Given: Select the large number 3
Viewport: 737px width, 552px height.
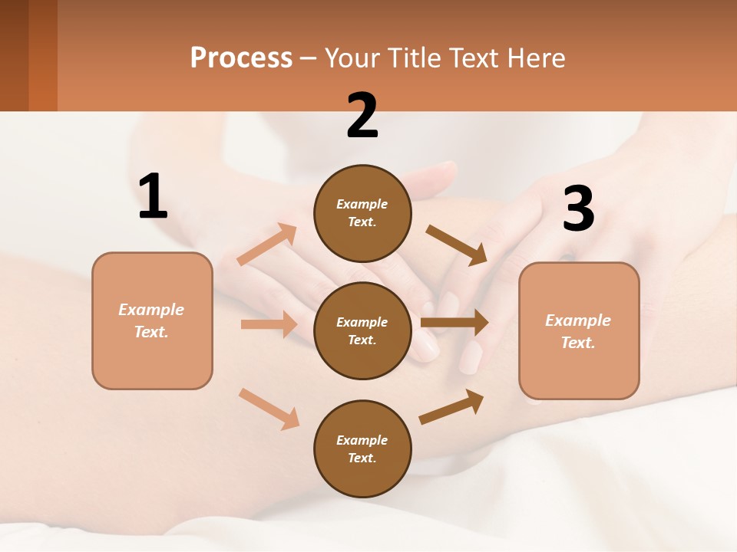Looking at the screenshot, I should point(578,209).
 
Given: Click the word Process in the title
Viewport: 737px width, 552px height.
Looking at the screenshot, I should point(241,58).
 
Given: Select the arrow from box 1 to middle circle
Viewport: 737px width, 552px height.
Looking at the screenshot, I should point(269,324).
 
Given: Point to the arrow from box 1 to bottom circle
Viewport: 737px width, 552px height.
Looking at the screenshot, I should point(269,409).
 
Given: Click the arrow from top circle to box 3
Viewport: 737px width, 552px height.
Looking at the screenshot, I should point(457,245).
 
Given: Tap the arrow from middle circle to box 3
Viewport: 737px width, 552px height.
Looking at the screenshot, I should point(454,323).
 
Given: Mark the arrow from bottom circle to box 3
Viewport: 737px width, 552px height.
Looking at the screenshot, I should point(452,407).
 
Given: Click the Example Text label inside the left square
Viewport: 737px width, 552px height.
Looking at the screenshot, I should point(151,320).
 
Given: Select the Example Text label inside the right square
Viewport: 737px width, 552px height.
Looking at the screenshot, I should point(578,331).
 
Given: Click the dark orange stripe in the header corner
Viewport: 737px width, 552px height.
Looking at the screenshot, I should point(43,55).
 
